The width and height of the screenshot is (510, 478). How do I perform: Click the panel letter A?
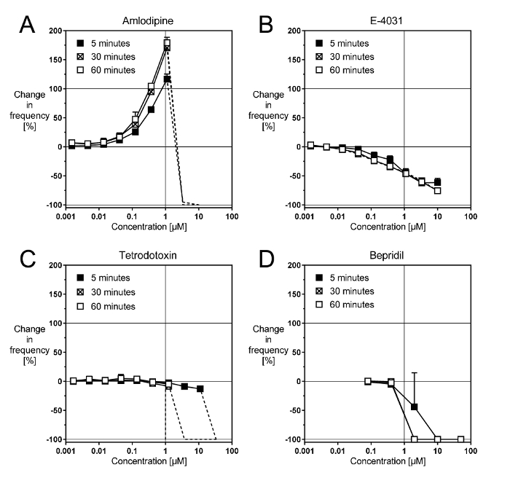click(28, 26)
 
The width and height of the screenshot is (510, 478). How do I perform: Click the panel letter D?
click(267, 259)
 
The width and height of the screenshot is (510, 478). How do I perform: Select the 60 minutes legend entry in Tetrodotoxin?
click(110, 306)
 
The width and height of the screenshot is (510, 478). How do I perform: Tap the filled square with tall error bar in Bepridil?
click(415, 407)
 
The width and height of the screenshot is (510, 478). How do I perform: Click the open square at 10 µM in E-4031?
click(438, 191)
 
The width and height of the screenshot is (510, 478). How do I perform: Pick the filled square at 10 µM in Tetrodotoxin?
click(200, 389)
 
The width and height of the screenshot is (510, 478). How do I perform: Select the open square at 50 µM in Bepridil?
click(461, 439)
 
